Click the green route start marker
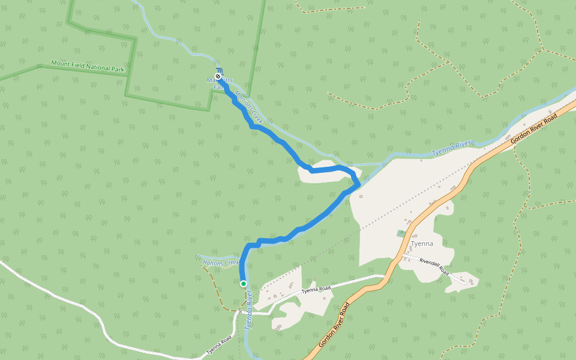point(243,283)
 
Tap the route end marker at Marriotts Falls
point(218,77)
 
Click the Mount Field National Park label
point(88,66)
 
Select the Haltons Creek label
point(221,263)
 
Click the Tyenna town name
point(422,244)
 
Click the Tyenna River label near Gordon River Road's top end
point(452,148)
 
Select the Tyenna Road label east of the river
point(316,290)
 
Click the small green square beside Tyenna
point(401,233)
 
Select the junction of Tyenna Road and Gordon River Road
point(384,278)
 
